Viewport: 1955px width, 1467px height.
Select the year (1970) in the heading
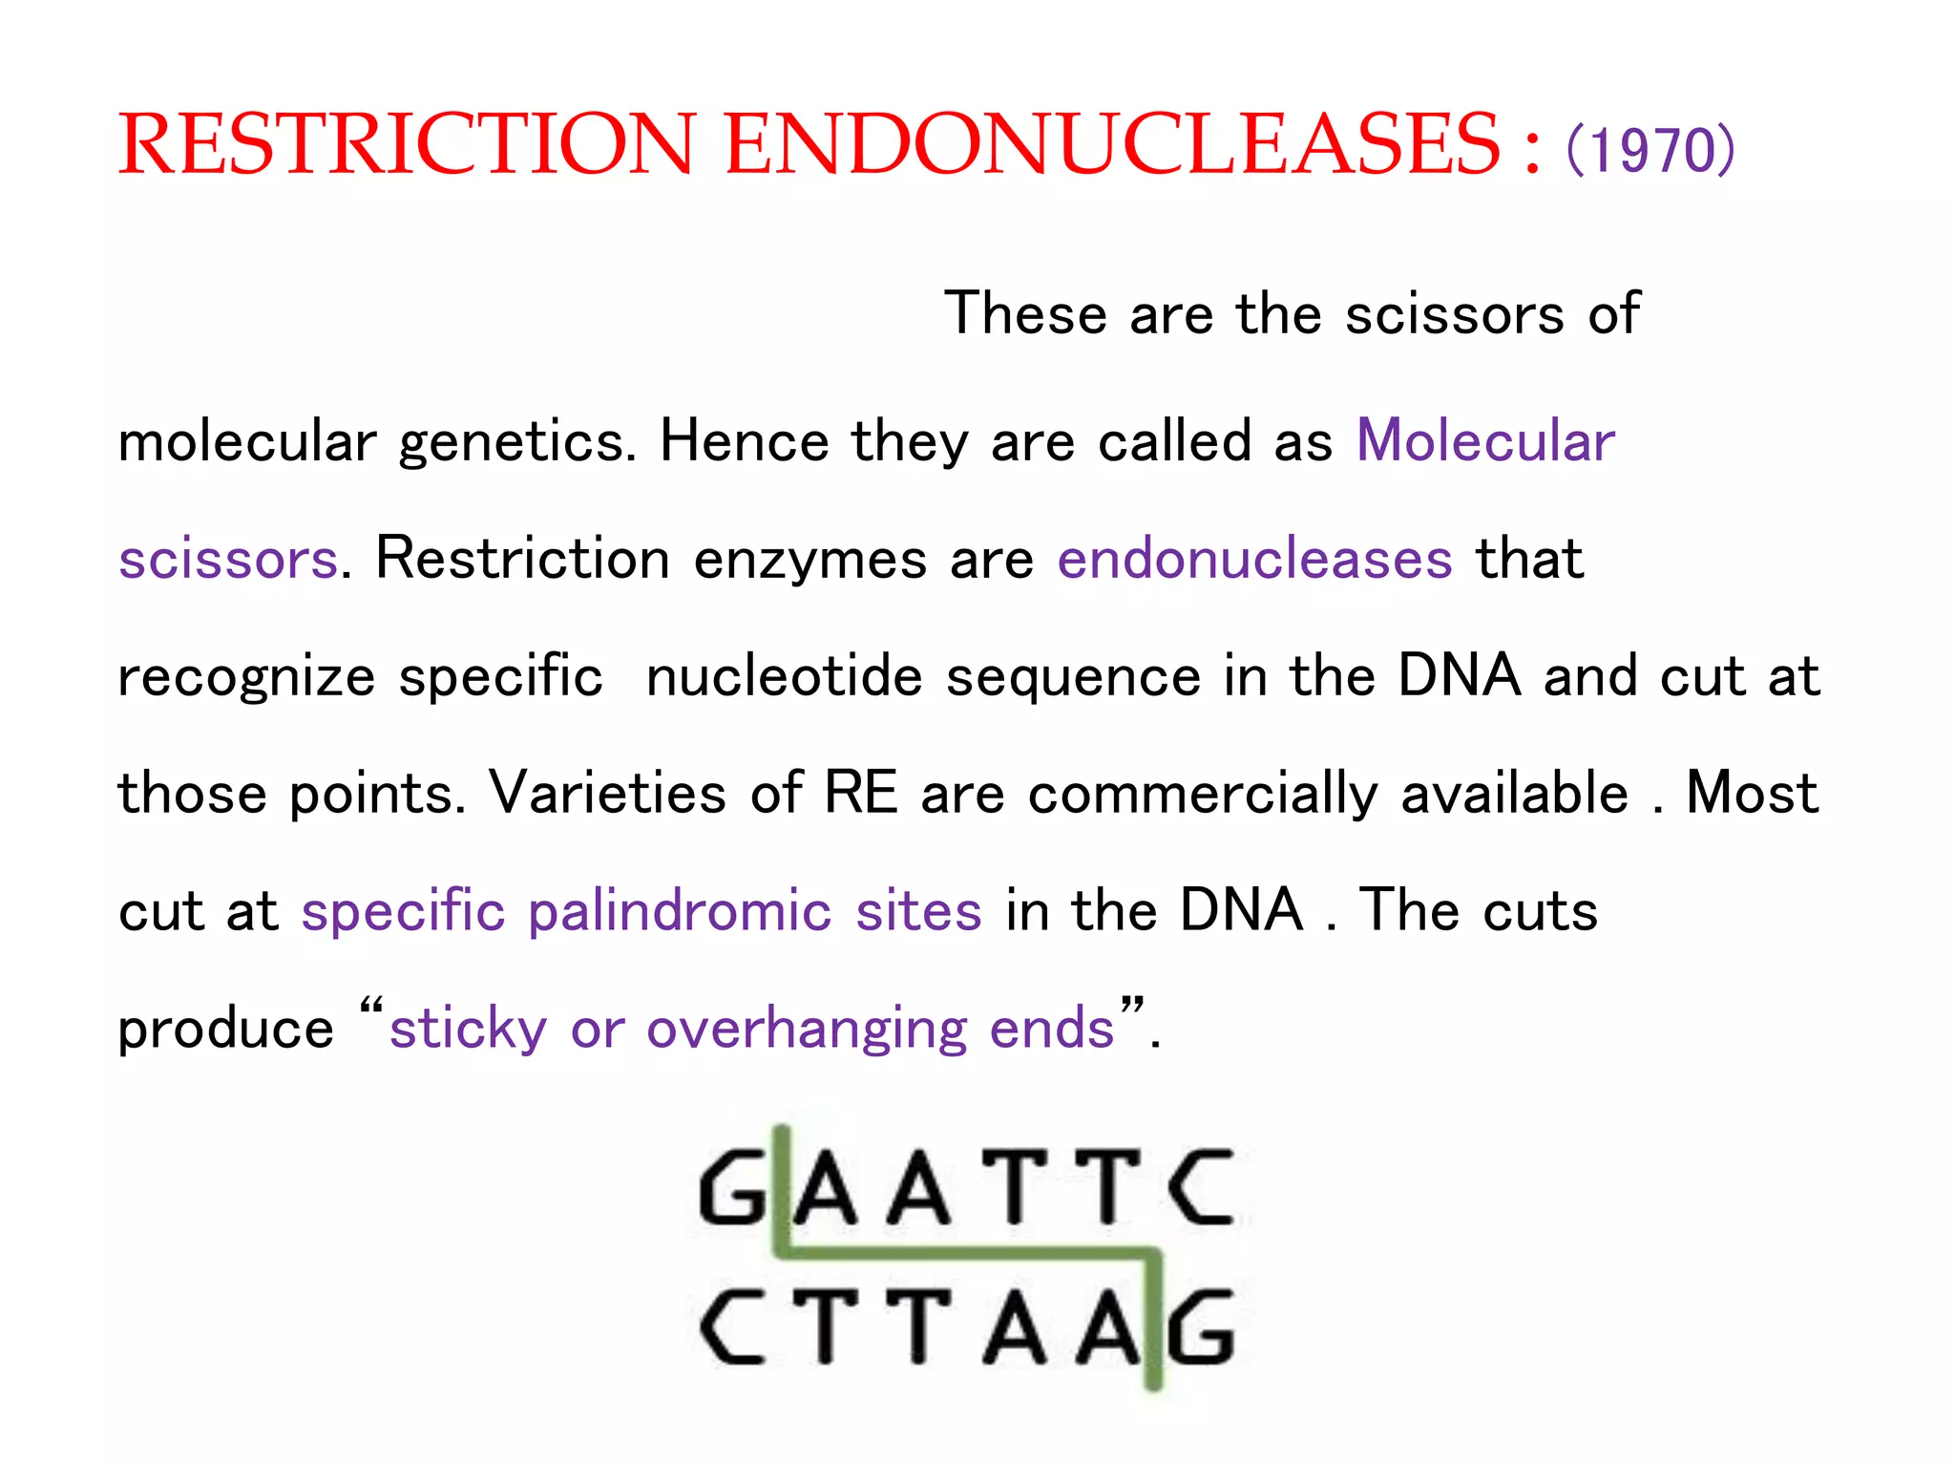(x=1650, y=150)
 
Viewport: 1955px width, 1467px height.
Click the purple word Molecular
(x=1486, y=441)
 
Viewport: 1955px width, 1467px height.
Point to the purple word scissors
(x=228, y=560)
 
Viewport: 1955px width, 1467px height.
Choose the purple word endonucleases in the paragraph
(x=1254, y=559)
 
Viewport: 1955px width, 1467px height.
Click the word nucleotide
(x=785, y=676)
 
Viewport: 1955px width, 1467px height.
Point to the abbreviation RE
(x=861, y=793)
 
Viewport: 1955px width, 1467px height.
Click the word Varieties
(x=608, y=794)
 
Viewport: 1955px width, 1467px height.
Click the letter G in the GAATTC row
(x=732, y=1188)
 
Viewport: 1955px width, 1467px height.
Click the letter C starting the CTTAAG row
(x=732, y=1328)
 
